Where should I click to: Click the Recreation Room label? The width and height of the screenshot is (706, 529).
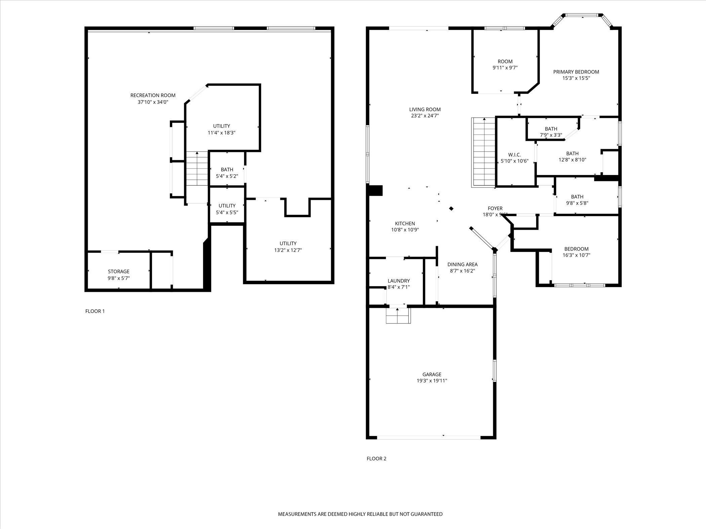click(153, 95)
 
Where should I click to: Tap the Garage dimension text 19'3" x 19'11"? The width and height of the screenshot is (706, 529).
click(432, 381)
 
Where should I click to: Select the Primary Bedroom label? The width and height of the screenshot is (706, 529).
click(576, 72)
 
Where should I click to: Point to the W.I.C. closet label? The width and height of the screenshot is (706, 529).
click(514, 155)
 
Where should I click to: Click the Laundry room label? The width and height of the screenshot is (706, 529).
click(399, 281)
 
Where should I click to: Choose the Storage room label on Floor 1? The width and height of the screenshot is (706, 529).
click(119, 271)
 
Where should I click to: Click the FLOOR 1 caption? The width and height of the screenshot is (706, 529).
click(95, 311)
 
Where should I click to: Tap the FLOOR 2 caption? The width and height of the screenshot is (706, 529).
click(377, 458)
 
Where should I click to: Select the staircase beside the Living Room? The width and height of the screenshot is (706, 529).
click(483, 152)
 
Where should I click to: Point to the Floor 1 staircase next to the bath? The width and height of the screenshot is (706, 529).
click(197, 169)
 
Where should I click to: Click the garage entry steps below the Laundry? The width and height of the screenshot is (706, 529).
click(398, 316)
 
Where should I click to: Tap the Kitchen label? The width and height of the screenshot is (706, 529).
click(405, 223)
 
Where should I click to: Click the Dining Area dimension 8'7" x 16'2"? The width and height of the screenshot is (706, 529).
click(462, 271)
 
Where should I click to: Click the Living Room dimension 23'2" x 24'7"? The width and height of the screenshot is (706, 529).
click(425, 116)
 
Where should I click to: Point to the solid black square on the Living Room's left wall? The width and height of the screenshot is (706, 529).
click(376, 190)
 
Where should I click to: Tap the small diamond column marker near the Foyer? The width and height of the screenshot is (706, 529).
click(452, 209)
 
